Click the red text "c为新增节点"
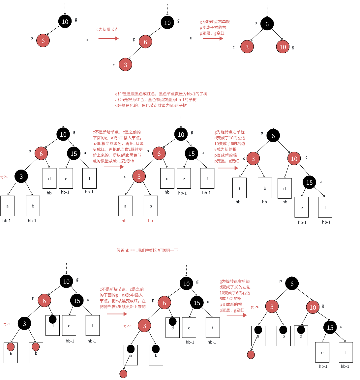pos(107,30)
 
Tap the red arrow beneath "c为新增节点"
pos(108,39)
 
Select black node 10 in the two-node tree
pos(65,22)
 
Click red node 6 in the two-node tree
pos(43,41)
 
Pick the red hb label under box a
pos(124,221)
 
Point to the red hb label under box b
pos(150,221)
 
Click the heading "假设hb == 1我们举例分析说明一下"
pos(147,250)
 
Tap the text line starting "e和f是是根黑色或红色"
pos(161,94)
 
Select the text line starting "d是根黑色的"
pos(151,105)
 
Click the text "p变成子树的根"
pos(213,27)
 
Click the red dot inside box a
pos(11,347)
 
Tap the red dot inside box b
pos(36,347)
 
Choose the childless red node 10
pos(283,47)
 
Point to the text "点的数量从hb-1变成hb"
pos(113,161)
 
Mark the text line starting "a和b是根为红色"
pos(156,99)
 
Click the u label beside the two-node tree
pos(87,40)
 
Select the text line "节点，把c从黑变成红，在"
pos(123,301)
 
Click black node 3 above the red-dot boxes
pos(24,324)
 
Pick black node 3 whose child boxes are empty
pos(21,176)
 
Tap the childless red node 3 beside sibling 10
pos(247,47)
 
